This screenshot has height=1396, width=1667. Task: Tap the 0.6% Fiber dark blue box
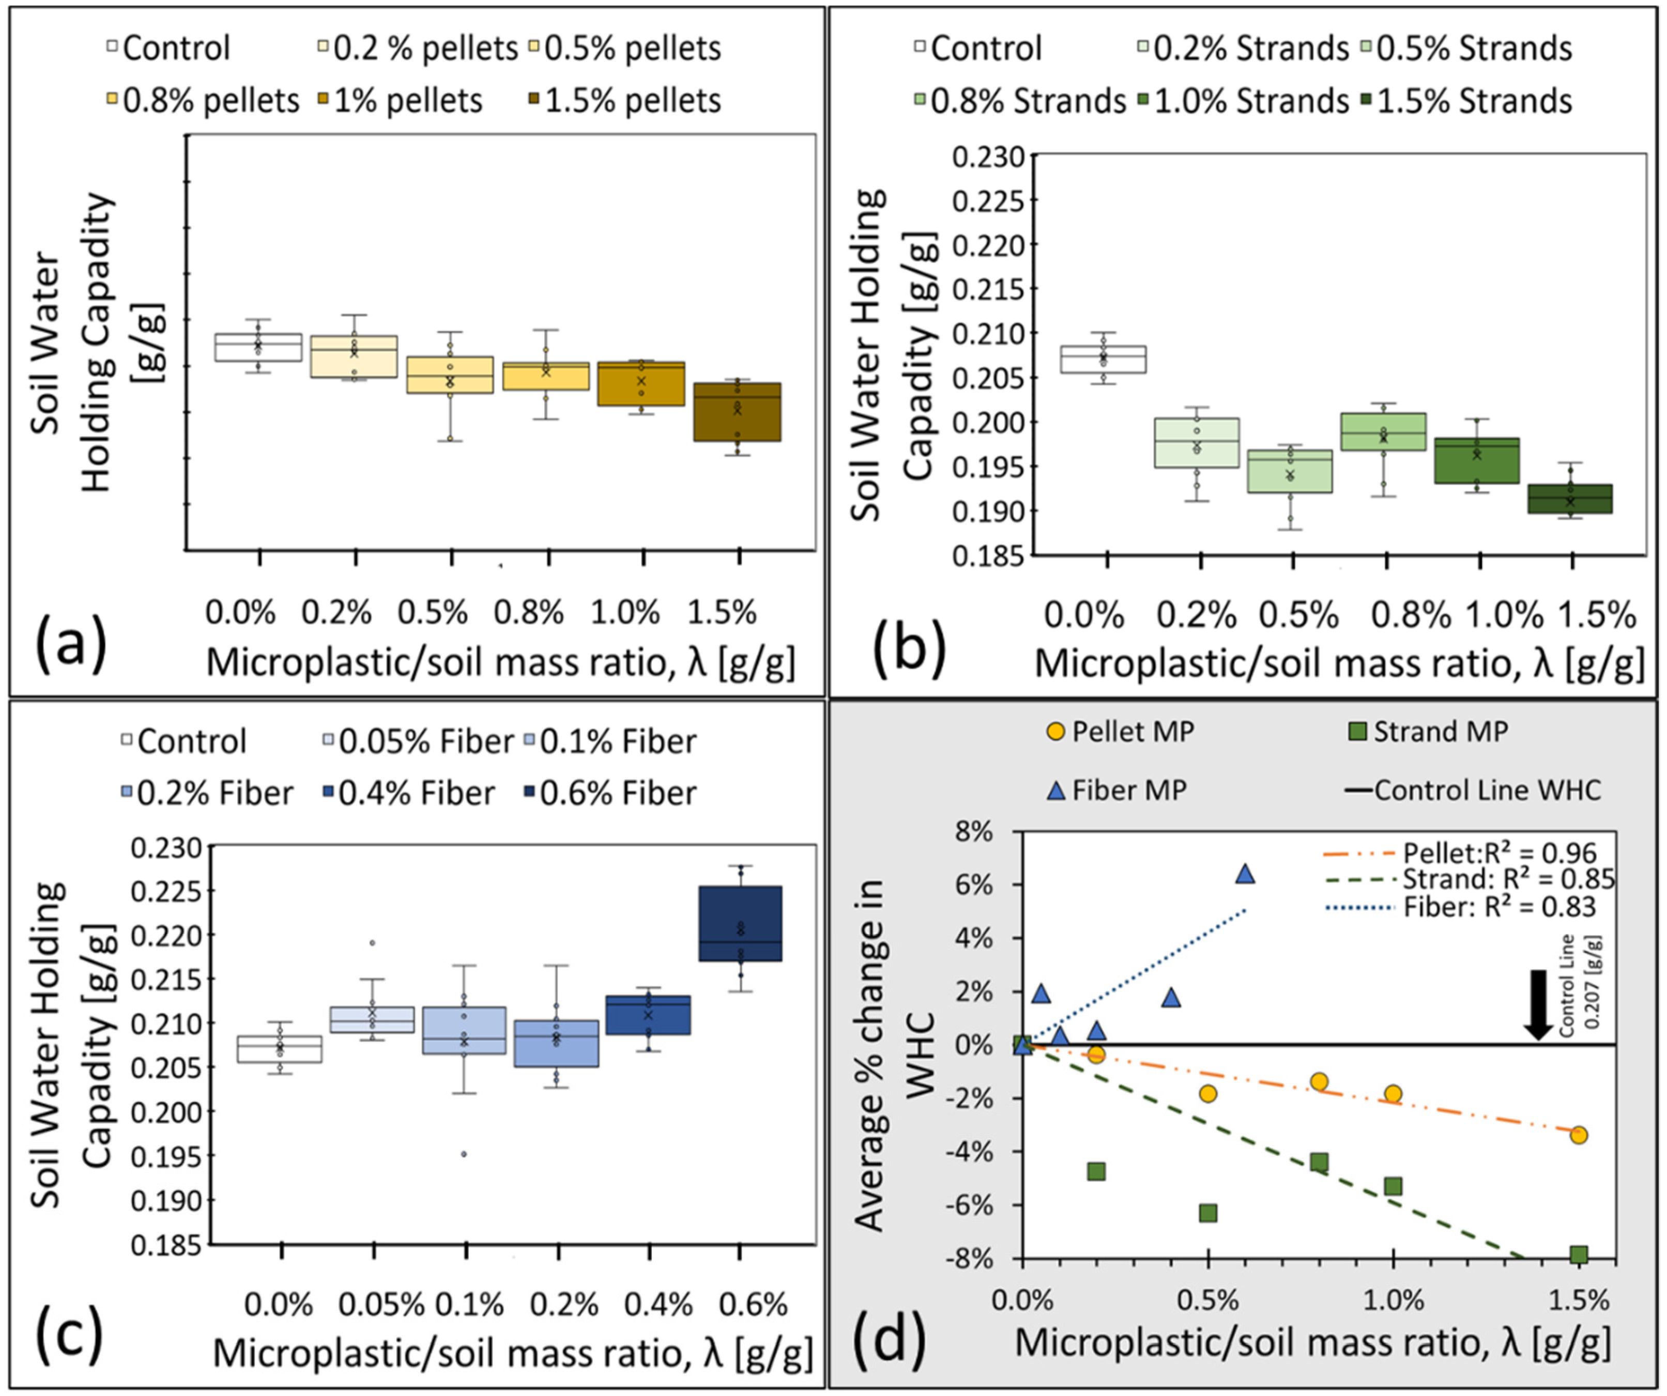click(x=740, y=923)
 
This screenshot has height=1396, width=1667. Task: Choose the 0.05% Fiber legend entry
click(x=418, y=741)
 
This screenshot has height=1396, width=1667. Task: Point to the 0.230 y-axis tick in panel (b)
click(x=988, y=157)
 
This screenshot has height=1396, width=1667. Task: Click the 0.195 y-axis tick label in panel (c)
click(x=166, y=1156)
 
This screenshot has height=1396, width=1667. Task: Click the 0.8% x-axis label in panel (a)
click(x=529, y=613)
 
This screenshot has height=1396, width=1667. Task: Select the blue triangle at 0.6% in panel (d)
click(x=1245, y=874)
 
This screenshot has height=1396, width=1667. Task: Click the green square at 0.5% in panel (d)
click(x=1208, y=1213)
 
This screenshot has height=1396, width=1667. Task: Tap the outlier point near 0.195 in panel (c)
click(x=464, y=1154)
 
